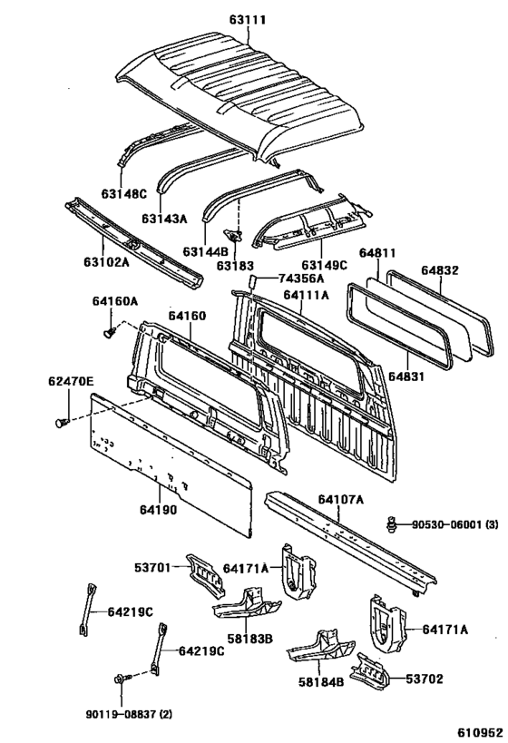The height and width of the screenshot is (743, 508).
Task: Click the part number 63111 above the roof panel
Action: click(248, 20)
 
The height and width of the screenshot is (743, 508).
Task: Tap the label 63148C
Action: click(123, 194)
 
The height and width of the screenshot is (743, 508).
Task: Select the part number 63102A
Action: click(106, 261)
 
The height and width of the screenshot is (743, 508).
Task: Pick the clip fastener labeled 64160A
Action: click(110, 332)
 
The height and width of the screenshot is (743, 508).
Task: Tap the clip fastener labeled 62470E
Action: click(62, 421)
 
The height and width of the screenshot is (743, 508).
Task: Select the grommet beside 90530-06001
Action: click(391, 524)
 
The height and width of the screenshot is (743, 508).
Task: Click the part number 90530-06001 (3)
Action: click(454, 524)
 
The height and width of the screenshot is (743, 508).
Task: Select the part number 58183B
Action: click(253, 640)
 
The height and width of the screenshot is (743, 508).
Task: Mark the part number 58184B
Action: click(321, 681)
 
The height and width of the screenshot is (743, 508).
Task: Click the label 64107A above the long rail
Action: click(341, 499)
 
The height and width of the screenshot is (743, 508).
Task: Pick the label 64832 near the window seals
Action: click(440, 270)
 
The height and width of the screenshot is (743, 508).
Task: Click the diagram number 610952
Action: click(480, 733)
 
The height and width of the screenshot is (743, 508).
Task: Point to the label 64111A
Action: click(306, 295)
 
